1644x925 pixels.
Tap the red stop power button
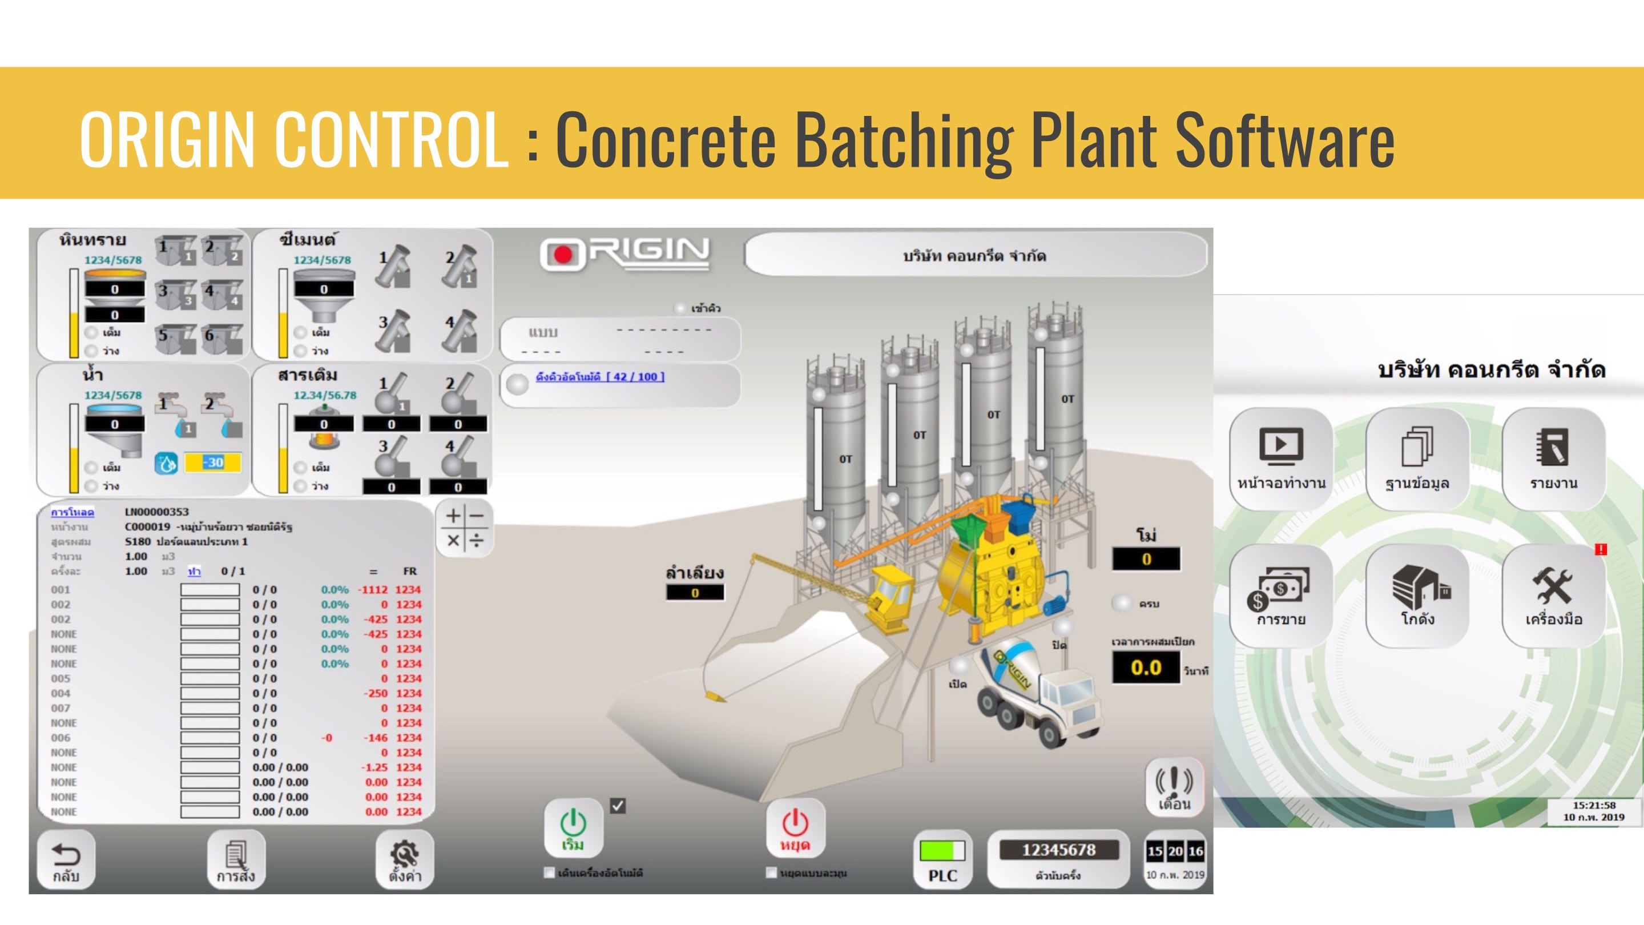point(795,828)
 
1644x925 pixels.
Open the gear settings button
point(405,859)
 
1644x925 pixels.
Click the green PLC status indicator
point(942,850)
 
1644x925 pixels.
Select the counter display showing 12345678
point(1059,850)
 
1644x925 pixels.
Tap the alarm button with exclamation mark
point(1174,788)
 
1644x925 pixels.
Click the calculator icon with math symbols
point(465,529)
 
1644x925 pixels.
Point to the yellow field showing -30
point(213,462)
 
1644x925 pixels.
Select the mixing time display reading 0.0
point(1146,667)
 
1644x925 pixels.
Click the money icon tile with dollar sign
point(1281,594)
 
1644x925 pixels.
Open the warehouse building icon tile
point(1417,594)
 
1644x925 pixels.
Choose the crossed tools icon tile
point(1553,594)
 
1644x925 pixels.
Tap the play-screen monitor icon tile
point(1281,458)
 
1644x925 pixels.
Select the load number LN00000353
point(157,512)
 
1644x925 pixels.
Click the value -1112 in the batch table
point(373,589)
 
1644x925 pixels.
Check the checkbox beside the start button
point(618,806)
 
